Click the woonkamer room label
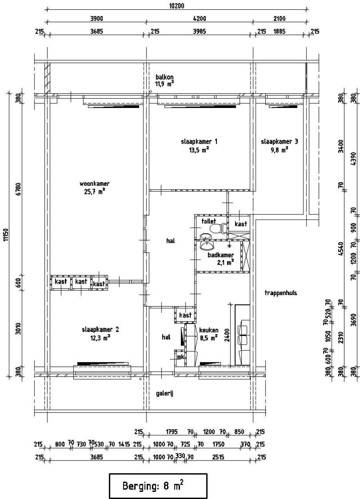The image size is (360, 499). (x=94, y=184)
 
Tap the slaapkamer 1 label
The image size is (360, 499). (x=199, y=141)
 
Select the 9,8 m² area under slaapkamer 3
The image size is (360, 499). (x=279, y=150)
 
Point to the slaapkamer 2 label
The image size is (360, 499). (x=100, y=329)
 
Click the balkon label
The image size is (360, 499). (x=165, y=77)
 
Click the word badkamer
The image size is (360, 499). (x=220, y=255)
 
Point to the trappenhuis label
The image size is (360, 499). (x=281, y=293)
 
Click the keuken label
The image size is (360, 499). (x=209, y=330)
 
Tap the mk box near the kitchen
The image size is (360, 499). (x=180, y=357)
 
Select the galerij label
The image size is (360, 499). (x=165, y=393)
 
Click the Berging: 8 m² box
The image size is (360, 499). (x=158, y=486)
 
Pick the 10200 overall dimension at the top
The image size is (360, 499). (x=177, y=6)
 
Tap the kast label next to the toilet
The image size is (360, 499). (x=241, y=224)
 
